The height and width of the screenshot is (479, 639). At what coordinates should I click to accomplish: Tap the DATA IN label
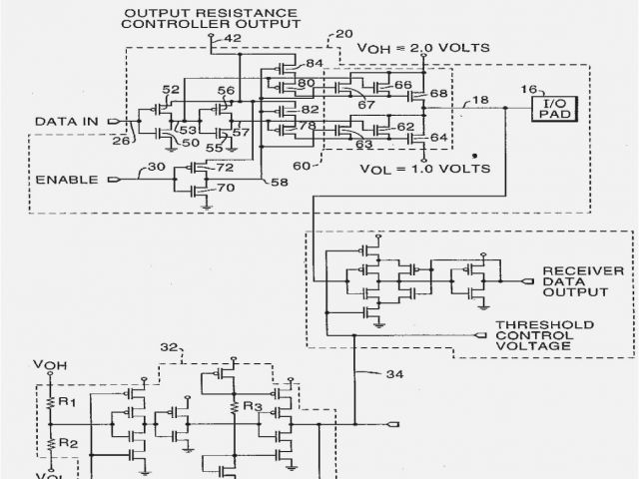[67, 122]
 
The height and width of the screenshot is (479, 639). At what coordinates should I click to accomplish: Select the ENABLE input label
[67, 181]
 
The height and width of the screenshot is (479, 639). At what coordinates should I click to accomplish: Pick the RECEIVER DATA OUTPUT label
[583, 281]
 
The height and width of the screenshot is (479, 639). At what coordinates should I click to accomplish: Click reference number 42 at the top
[233, 39]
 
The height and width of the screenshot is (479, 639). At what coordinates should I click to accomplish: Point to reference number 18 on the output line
[482, 101]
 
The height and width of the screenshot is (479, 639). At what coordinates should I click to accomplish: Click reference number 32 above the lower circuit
[169, 346]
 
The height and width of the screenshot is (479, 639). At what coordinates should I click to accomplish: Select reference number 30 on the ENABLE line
[158, 166]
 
